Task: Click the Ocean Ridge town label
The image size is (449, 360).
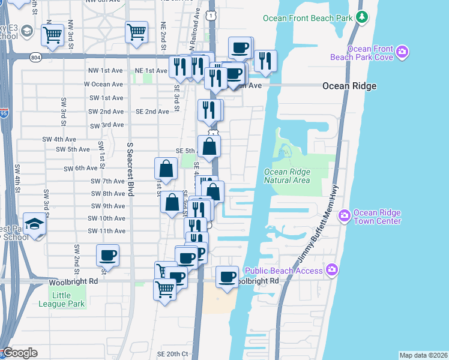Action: (x=349, y=86)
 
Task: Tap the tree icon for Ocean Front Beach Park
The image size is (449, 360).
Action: (x=361, y=18)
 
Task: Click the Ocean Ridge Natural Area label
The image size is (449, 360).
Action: (x=287, y=176)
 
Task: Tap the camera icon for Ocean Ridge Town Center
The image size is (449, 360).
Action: (x=345, y=215)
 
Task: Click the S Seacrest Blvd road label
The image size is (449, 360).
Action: (x=130, y=170)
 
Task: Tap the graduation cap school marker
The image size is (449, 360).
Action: (x=35, y=224)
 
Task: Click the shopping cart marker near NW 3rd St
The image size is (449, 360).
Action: (x=53, y=34)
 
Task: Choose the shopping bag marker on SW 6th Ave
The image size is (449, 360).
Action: (x=166, y=169)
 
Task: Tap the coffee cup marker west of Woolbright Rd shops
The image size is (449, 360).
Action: (x=107, y=255)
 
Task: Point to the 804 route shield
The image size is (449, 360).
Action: (x=36, y=57)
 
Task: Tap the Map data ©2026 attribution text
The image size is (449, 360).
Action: (x=423, y=355)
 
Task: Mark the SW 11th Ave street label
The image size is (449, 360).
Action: (x=106, y=231)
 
